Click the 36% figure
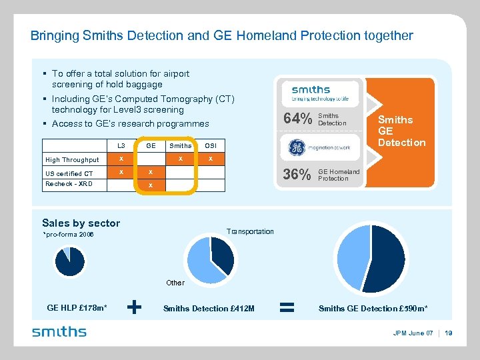click(297, 175)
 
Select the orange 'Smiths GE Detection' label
click(401, 131)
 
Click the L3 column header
click(121, 145)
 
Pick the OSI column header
click(210, 145)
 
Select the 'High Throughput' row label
click(72, 160)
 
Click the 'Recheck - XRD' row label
click(69, 184)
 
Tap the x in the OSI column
click(210, 159)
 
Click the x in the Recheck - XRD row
click(151, 185)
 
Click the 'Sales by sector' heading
click(81, 223)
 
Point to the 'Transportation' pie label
click(250, 231)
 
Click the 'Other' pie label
click(175, 283)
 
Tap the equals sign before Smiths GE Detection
click(287, 307)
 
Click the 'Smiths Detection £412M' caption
click(209, 308)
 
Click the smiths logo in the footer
click(59, 332)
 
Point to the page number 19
click(448, 333)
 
